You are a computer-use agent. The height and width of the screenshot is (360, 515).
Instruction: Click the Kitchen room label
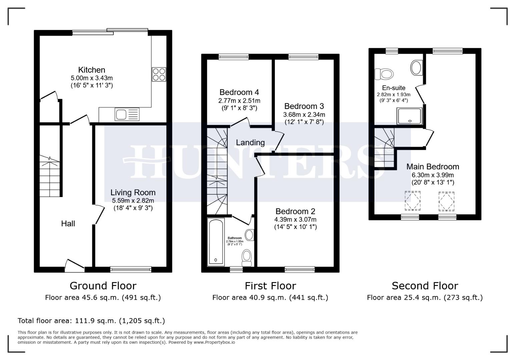[91, 70]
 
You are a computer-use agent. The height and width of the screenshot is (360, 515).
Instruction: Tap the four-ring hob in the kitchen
[159, 74]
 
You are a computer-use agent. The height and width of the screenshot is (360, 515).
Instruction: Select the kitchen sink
[127, 114]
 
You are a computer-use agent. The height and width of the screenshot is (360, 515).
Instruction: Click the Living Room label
[133, 193]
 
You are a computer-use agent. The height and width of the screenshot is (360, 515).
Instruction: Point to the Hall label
[68, 224]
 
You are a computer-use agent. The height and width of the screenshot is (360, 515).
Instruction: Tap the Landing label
[250, 143]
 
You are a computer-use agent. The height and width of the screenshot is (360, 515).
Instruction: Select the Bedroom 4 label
[239, 92]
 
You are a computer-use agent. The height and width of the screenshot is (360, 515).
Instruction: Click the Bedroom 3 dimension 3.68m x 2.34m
[304, 115]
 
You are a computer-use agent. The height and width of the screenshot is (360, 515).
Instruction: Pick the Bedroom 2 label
[295, 212]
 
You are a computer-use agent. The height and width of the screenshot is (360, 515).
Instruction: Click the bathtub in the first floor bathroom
[215, 242]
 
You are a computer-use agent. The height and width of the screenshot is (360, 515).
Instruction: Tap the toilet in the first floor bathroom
[246, 258]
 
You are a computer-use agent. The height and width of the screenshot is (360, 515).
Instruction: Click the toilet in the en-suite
[384, 74]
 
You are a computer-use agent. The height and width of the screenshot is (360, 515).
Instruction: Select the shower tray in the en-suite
[409, 116]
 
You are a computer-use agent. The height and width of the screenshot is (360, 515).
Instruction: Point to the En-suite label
[394, 88]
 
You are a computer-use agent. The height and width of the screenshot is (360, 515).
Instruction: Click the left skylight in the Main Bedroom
[412, 201]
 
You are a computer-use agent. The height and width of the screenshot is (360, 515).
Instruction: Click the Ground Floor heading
[103, 286]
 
